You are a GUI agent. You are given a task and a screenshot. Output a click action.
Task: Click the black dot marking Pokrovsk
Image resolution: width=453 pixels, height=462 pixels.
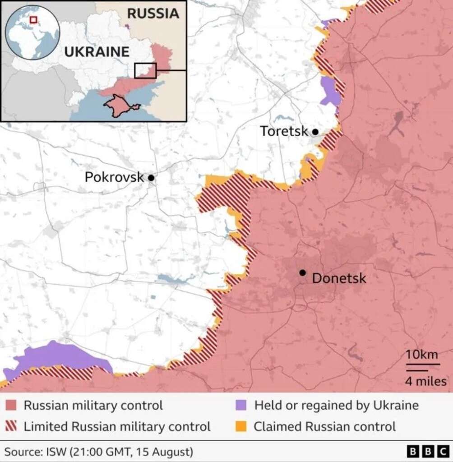(x=151, y=178)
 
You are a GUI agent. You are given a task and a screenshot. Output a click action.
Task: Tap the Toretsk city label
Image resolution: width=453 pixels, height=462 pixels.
(x=284, y=131)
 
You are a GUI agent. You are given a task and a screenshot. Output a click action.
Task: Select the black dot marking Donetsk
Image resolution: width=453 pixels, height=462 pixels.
(x=302, y=273)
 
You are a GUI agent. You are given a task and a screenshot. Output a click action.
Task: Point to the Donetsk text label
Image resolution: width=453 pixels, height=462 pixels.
(x=339, y=278)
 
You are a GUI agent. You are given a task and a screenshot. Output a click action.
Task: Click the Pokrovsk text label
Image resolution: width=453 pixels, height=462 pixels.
(x=114, y=177)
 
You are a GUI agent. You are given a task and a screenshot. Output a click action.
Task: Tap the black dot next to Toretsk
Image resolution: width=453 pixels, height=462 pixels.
(x=315, y=132)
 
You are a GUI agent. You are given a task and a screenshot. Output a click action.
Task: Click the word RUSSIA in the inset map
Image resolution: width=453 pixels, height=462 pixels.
(x=153, y=14)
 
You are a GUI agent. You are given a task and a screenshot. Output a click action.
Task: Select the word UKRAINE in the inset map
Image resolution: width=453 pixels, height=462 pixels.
(x=97, y=51)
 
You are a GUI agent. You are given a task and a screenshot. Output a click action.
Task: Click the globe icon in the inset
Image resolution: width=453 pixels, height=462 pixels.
(x=32, y=32)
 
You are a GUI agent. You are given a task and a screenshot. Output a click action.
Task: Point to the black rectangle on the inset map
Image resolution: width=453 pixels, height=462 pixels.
(x=145, y=70)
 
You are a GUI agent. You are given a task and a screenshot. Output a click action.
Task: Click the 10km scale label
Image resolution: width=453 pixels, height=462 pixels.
(x=422, y=355)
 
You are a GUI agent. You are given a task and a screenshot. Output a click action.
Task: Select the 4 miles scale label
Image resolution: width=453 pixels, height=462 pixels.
(x=425, y=381)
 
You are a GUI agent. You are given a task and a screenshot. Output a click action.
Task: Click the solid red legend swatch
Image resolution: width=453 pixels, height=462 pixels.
(x=12, y=405)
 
